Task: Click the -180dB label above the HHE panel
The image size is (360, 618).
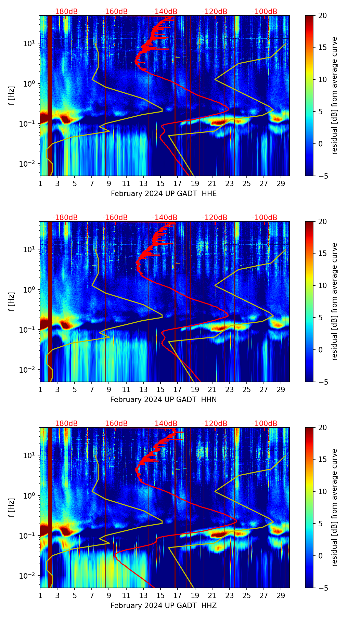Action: pyautogui.click(x=65, y=12)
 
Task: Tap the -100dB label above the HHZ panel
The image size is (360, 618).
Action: pyautogui.click(x=265, y=424)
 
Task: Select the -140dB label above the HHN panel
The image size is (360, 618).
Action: pyautogui.click(x=165, y=218)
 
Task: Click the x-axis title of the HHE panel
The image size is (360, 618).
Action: pyautogui.click(x=164, y=194)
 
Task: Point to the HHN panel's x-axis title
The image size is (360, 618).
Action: pyautogui.click(x=164, y=400)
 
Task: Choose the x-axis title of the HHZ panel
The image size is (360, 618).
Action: pyautogui.click(x=164, y=606)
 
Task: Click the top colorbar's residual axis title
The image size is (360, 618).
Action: pyautogui.click(x=335, y=95)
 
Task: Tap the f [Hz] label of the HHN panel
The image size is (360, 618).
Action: pyautogui.click(x=12, y=301)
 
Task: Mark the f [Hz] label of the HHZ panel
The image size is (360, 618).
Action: pyautogui.click(x=12, y=507)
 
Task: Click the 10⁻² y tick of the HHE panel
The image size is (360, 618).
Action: pyautogui.click(x=30, y=164)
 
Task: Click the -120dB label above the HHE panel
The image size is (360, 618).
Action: pyautogui.click(x=215, y=12)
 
